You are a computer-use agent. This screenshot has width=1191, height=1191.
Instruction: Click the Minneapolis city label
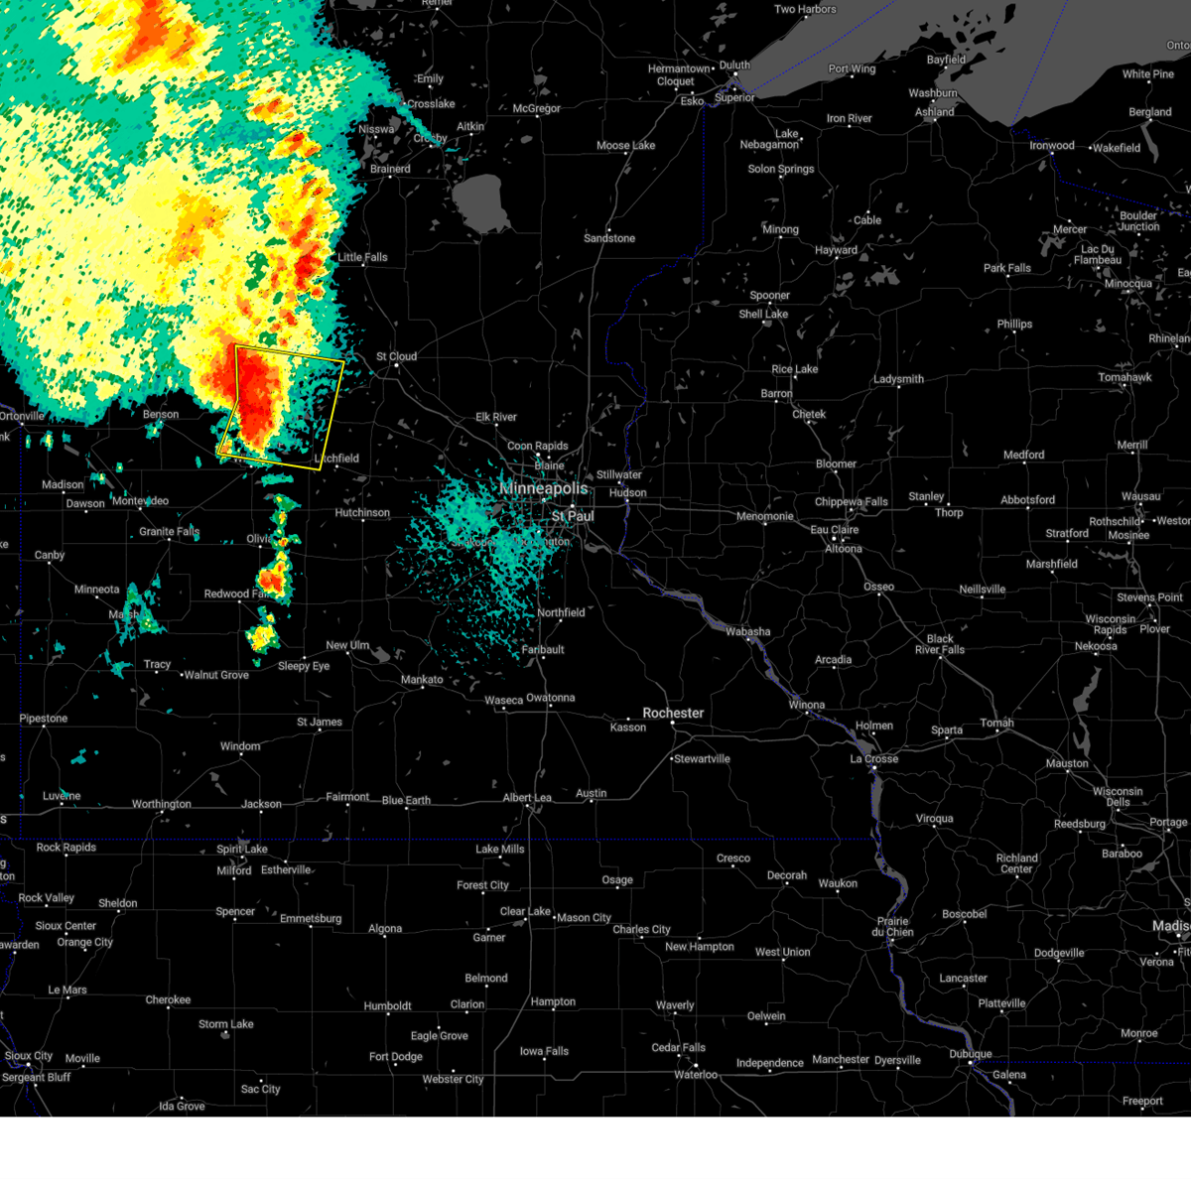[544, 488]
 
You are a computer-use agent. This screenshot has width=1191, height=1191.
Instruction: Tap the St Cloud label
[396, 356]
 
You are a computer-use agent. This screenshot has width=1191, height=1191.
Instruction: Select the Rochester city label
[673, 713]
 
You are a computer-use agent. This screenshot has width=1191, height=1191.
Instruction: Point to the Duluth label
[734, 66]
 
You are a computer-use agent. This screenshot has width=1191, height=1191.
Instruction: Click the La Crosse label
[874, 758]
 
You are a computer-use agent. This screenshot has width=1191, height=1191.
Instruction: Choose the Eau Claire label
[835, 530]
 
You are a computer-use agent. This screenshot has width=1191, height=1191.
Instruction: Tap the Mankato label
[422, 680]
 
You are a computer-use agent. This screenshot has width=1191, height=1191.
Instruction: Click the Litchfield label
[336, 459]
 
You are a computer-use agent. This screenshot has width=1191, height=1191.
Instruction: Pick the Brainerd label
[390, 169]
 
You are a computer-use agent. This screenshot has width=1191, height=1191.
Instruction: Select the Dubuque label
[970, 1054]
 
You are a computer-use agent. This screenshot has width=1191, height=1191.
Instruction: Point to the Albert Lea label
[527, 798]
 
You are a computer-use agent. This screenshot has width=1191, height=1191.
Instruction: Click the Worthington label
[162, 804]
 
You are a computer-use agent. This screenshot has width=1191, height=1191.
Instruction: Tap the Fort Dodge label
[396, 1057]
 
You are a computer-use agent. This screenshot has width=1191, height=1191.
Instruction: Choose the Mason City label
[584, 918]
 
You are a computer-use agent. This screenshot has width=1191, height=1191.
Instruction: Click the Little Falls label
[362, 257]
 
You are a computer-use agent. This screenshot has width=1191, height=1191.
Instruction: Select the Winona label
[807, 705]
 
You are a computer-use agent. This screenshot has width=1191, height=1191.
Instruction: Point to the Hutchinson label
[362, 513]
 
